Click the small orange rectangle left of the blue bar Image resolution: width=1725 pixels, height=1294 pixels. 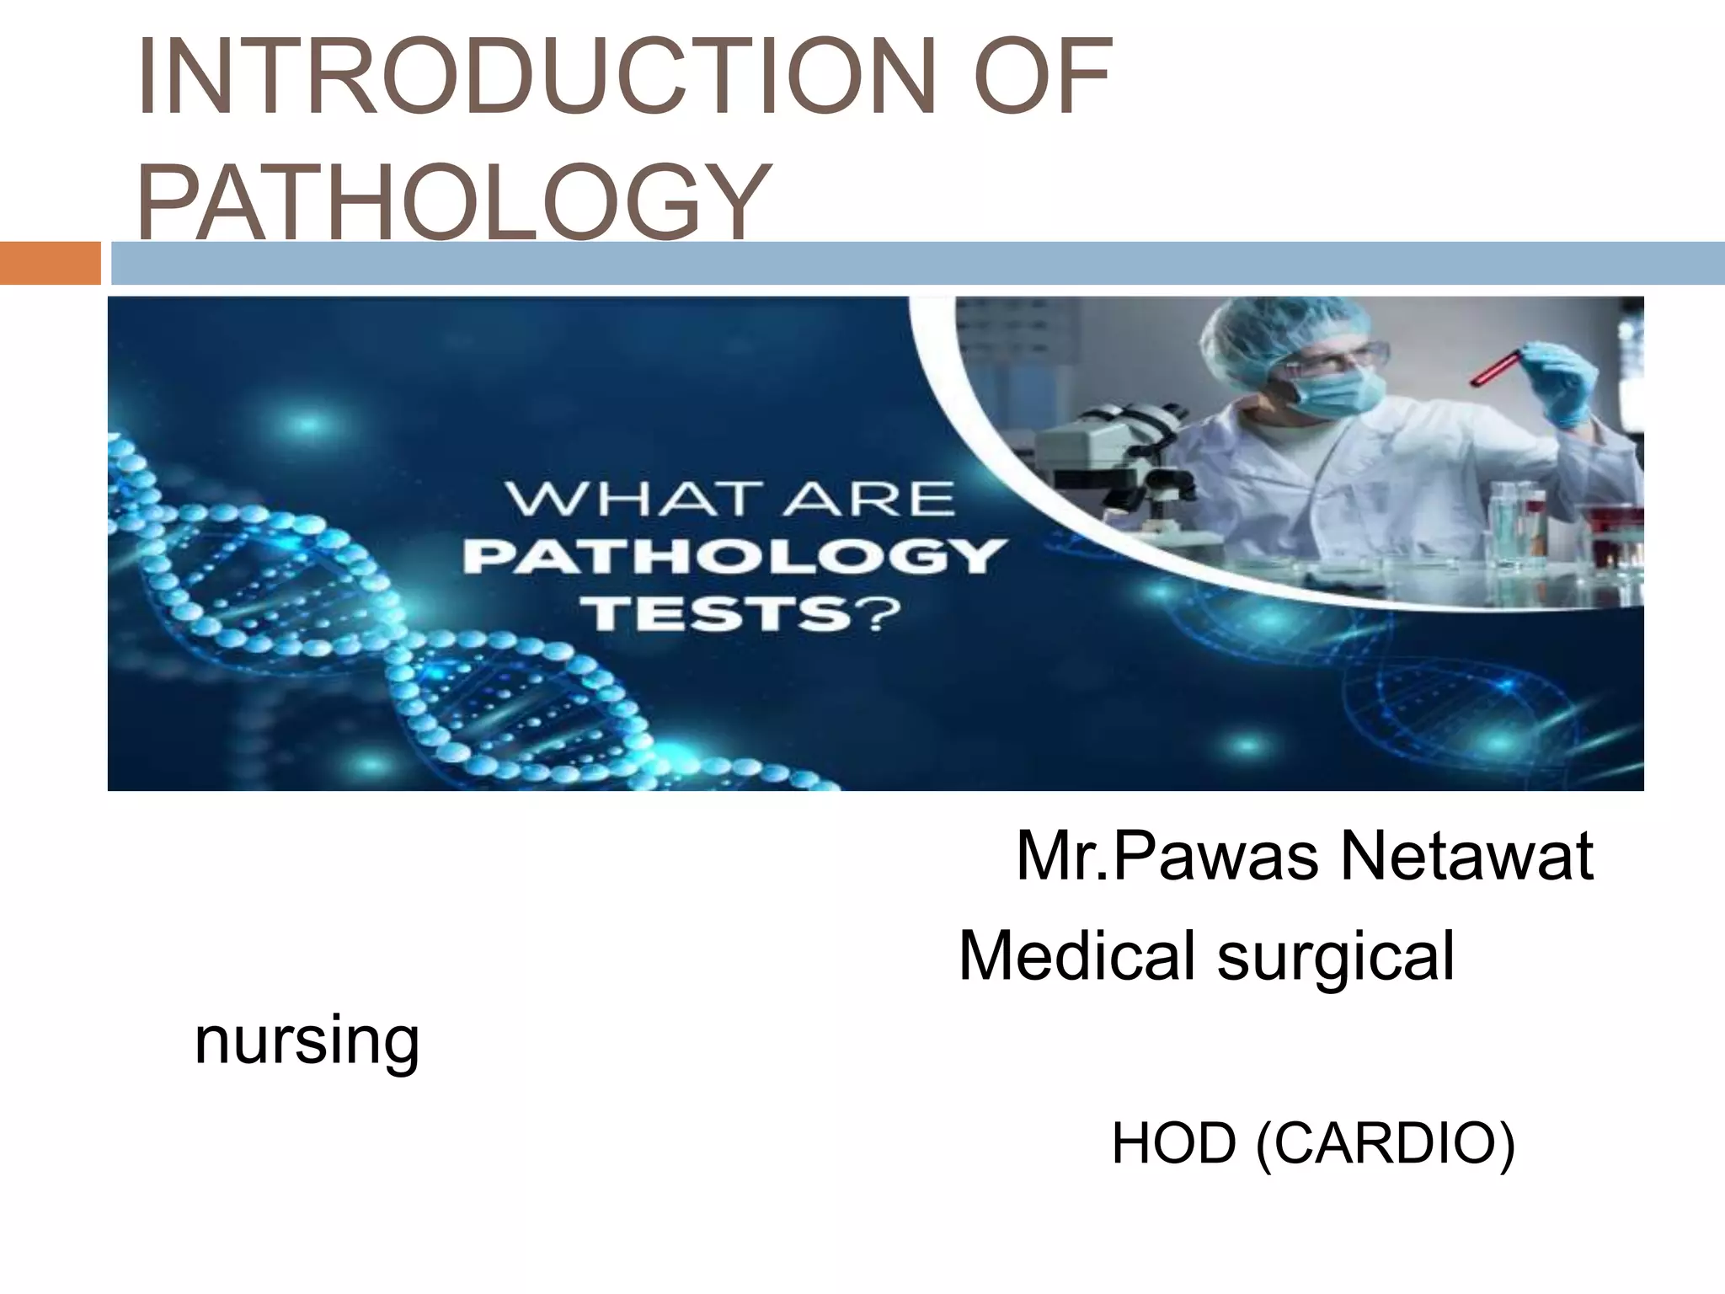click(x=50, y=263)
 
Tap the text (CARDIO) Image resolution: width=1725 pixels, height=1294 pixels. click(x=1386, y=1144)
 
